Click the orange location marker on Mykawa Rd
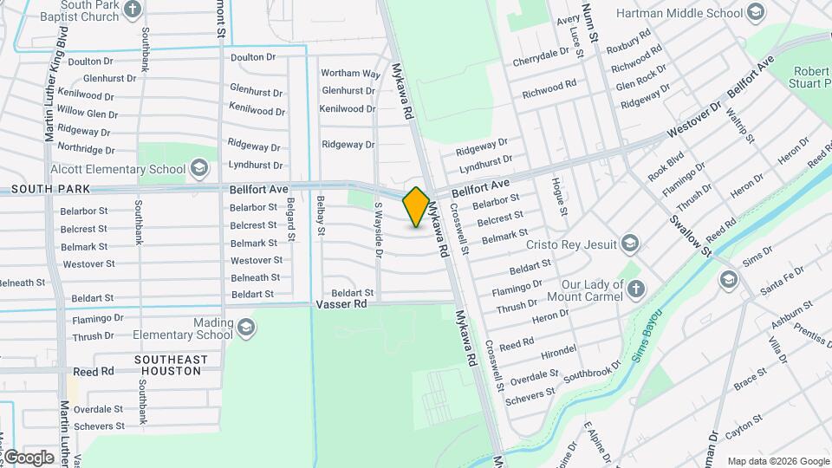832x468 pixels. [416, 206]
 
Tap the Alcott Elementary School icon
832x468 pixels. [198, 168]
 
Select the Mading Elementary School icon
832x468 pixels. [246, 327]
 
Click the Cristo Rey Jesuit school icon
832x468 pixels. [629, 242]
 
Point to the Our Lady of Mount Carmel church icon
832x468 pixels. [636, 289]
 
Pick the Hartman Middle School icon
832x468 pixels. [756, 12]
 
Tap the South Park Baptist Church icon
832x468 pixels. [133, 10]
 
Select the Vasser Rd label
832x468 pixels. [341, 305]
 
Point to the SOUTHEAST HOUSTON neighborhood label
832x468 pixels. [172, 365]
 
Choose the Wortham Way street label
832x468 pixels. [350, 74]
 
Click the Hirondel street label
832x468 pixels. [557, 349]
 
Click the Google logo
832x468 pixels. [29, 457]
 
